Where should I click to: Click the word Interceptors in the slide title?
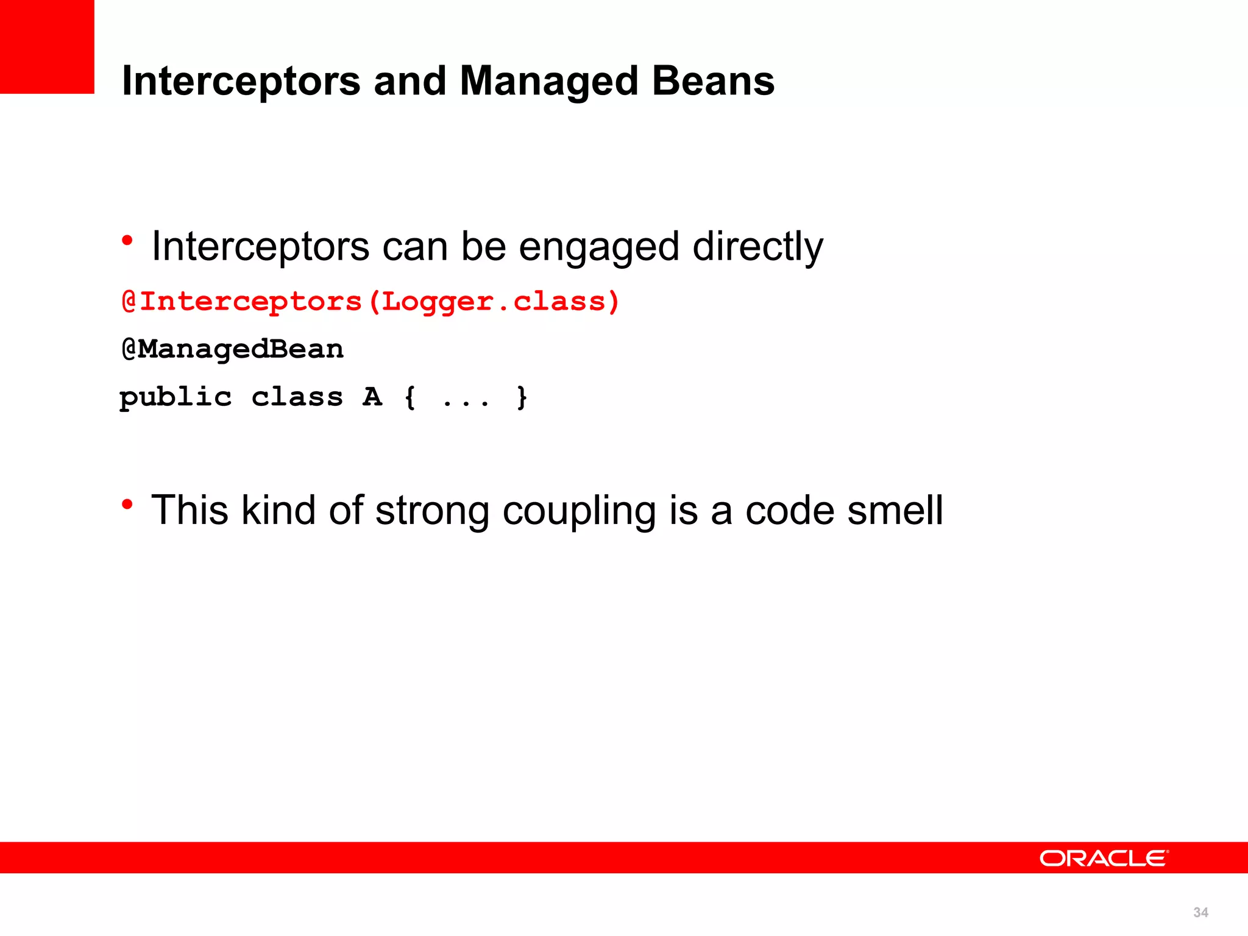(241, 81)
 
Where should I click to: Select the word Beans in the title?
(713, 81)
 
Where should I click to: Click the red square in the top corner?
(47, 46)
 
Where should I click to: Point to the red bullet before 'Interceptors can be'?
(127, 241)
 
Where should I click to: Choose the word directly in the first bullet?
(757, 247)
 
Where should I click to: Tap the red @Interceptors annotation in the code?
(242, 302)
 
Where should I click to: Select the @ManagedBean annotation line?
(233, 349)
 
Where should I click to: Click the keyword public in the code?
(175, 397)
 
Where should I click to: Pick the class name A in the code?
(372, 397)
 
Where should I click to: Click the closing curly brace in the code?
(522, 397)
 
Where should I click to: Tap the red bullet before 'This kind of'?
(127, 504)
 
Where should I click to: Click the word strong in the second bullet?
(432, 511)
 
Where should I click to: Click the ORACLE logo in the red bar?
(1104, 858)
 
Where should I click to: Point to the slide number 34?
(1200, 912)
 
